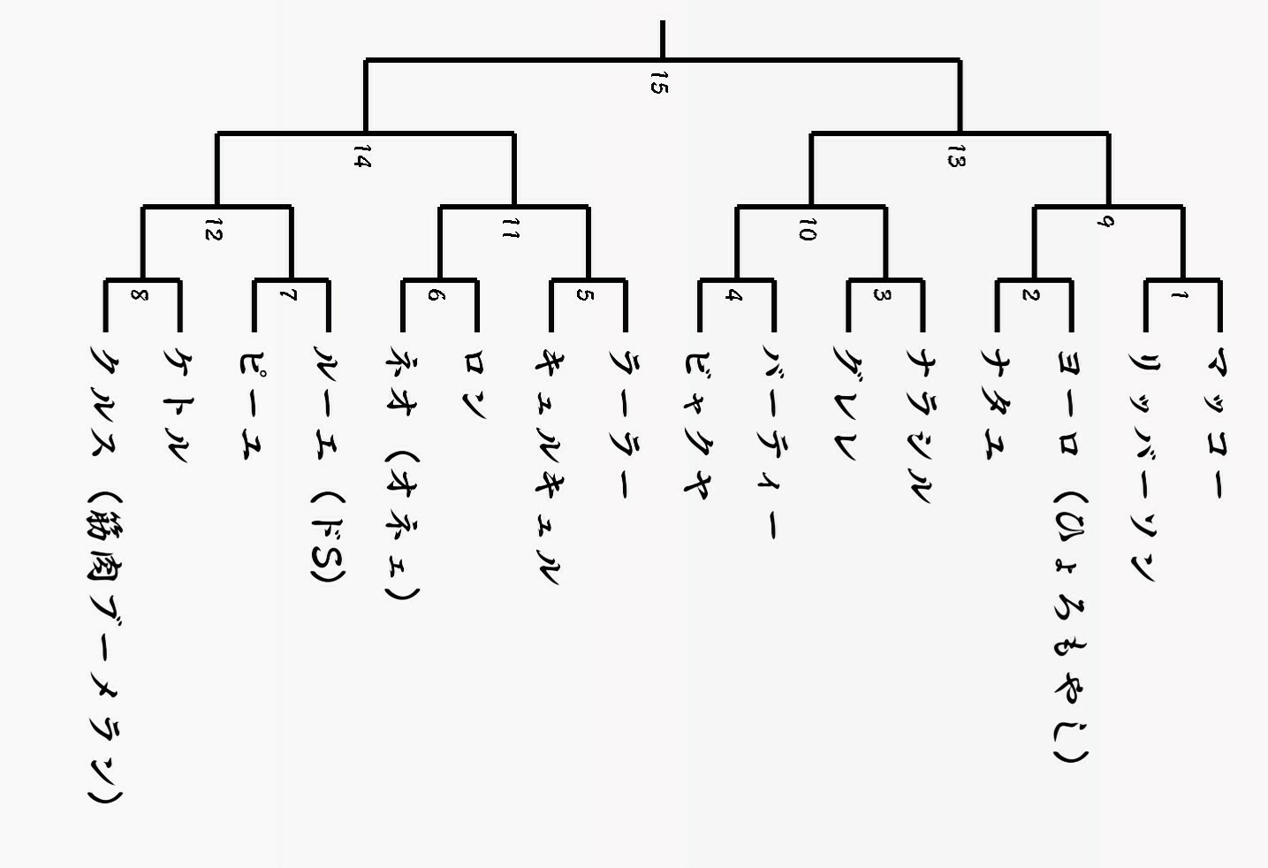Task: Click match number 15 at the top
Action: tap(657, 83)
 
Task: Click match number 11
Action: tap(510, 231)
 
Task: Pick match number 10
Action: tap(807, 231)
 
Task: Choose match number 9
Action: tap(1104, 221)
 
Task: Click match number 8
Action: tap(139, 295)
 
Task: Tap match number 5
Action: tap(584, 295)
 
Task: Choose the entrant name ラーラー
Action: tap(624, 424)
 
